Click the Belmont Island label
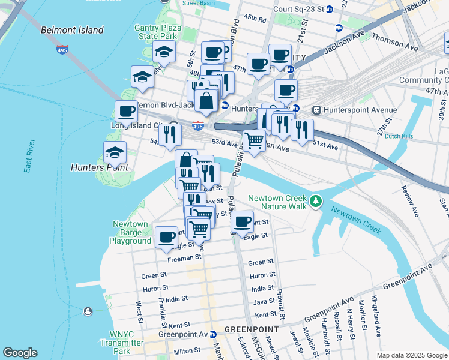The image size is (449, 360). (x=72, y=30)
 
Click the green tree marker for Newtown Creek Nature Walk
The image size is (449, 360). (x=315, y=202)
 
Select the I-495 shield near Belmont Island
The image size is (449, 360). (x=62, y=50)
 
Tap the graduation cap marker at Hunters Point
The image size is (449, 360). (x=115, y=153)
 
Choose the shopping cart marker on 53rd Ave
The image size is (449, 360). (x=254, y=140)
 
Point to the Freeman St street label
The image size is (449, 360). (x=184, y=257)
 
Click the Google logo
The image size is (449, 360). (x=20, y=353)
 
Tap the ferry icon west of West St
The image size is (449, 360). (x=88, y=311)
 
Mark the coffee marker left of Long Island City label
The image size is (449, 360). (x=126, y=111)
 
